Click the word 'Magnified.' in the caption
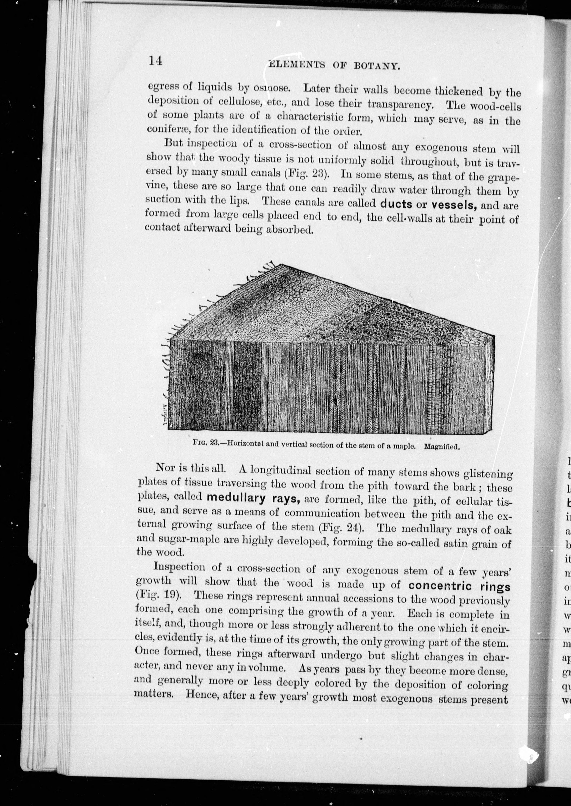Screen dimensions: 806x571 (442, 447)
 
